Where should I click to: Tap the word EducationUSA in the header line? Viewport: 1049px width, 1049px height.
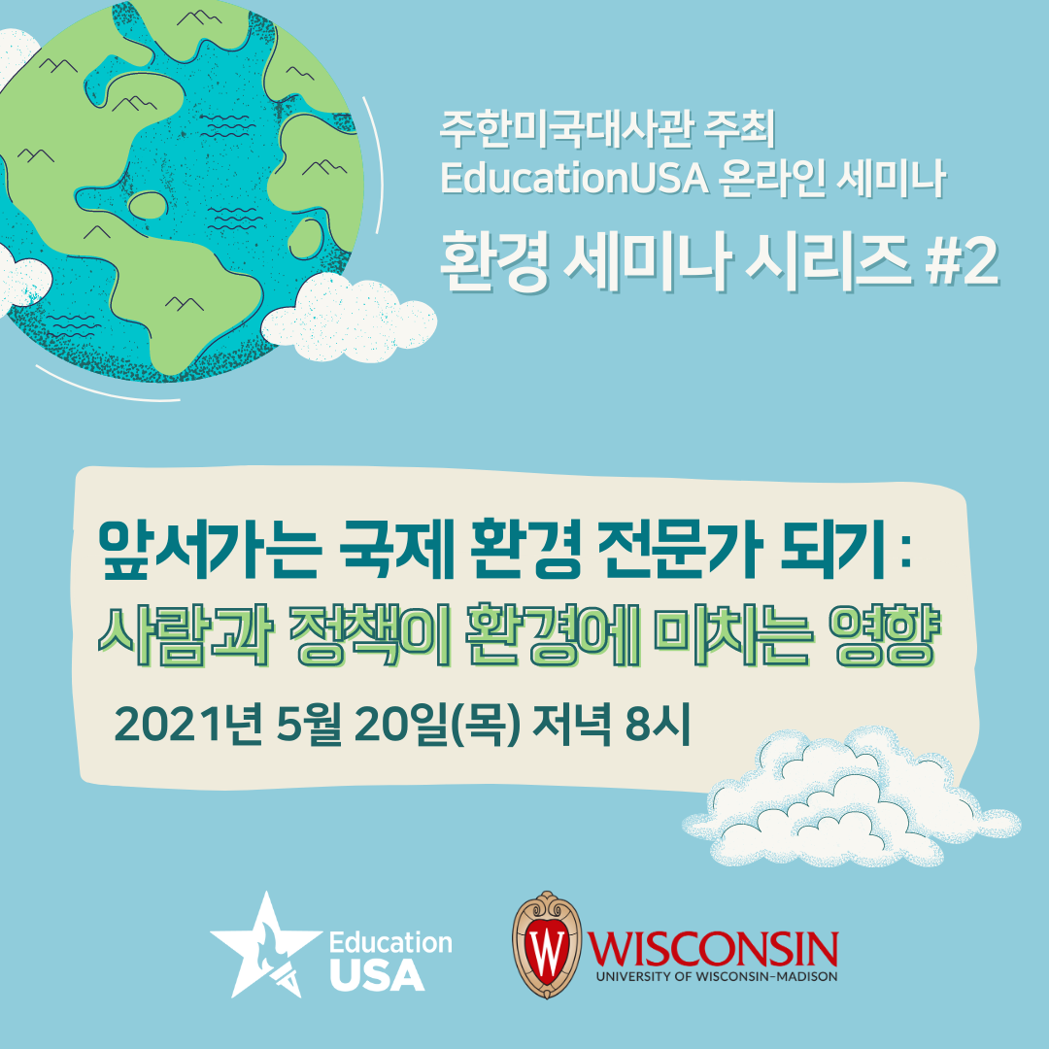pos(574,179)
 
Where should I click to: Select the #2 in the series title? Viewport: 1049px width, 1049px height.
pos(962,263)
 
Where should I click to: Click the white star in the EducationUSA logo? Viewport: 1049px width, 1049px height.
pos(265,945)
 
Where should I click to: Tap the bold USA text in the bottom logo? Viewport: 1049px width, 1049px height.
pos(377,974)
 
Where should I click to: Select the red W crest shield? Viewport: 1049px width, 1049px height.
pos(547,945)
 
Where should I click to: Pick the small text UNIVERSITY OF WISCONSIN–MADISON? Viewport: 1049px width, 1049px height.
pos(717,976)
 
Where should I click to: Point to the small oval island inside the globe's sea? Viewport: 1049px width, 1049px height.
pos(148,205)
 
